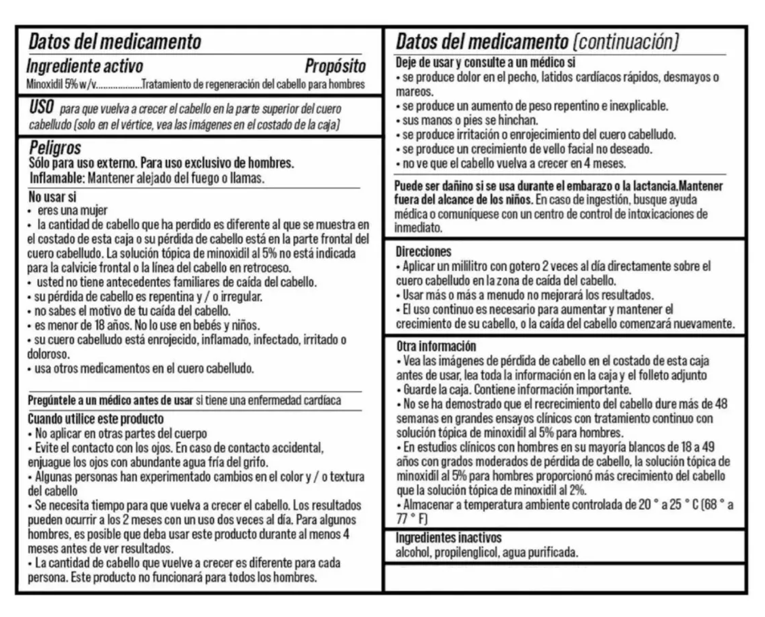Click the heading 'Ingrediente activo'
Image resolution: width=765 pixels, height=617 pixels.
pos(84,66)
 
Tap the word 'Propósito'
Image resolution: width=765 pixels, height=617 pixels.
pos(334,66)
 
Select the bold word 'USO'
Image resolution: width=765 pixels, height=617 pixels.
pos(41,108)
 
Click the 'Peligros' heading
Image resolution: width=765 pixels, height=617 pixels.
pos(55,148)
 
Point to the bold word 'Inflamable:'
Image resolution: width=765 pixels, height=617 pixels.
pos(58,178)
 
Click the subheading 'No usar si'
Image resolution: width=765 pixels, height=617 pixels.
pos(52,198)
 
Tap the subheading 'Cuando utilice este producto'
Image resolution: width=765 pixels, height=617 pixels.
pos(95,419)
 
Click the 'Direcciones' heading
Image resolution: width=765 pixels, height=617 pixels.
pos(423,252)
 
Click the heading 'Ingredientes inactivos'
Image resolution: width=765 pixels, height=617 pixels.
pos(448,538)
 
